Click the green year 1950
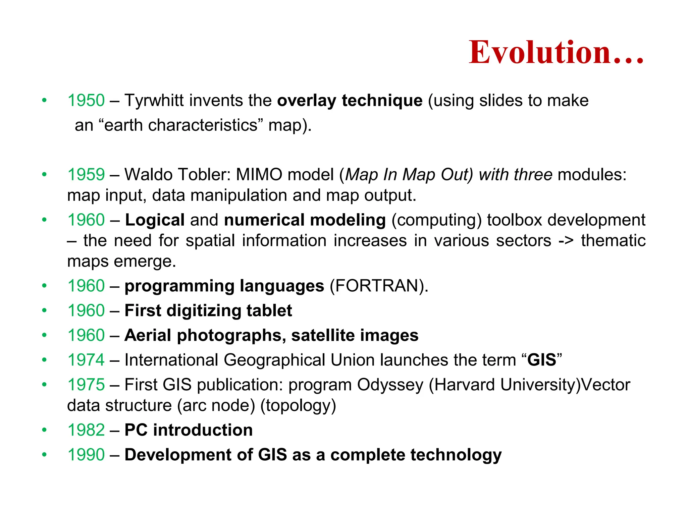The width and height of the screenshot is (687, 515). tap(86, 100)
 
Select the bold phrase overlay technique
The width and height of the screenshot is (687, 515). tap(350, 100)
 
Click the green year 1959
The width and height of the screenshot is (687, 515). tap(86, 174)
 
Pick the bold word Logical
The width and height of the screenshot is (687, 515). tap(155, 220)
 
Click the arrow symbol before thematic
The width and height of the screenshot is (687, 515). tap(566, 241)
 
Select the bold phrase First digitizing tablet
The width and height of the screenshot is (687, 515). tap(208, 310)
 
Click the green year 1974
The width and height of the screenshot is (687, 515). tap(86, 360)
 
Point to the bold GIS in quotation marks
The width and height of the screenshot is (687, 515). tap(541, 360)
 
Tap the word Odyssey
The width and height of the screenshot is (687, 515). tap(390, 385)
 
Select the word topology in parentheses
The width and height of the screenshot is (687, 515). tap(298, 405)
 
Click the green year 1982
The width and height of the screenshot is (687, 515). tap(86, 430)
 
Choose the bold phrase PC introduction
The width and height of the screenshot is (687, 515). tap(189, 430)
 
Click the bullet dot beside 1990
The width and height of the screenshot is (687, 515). tap(44, 455)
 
